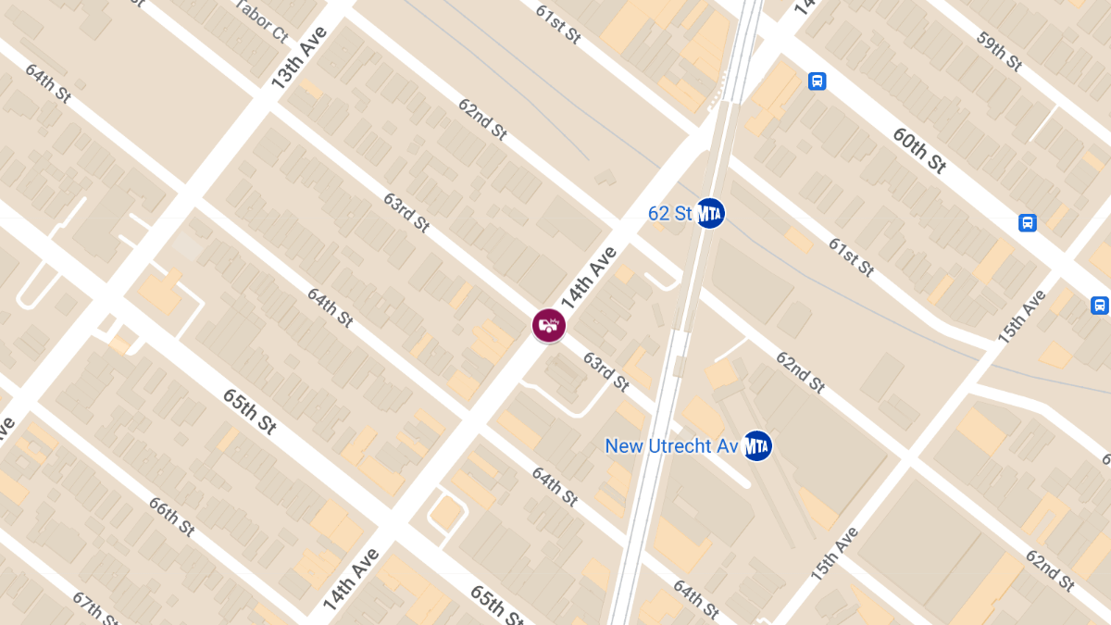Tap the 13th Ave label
click(299, 57)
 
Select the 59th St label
click(999, 51)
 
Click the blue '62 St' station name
click(669, 214)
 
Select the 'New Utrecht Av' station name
click(671, 446)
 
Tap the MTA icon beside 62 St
click(710, 214)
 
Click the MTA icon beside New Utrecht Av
click(757, 446)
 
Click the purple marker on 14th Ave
click(549, 325)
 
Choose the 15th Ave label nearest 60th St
click(1022, 318)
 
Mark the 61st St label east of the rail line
click(851, 256)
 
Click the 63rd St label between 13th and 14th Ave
click(406, 212)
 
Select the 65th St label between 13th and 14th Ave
click(249, 411)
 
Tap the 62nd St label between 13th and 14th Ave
click(482, 118)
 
